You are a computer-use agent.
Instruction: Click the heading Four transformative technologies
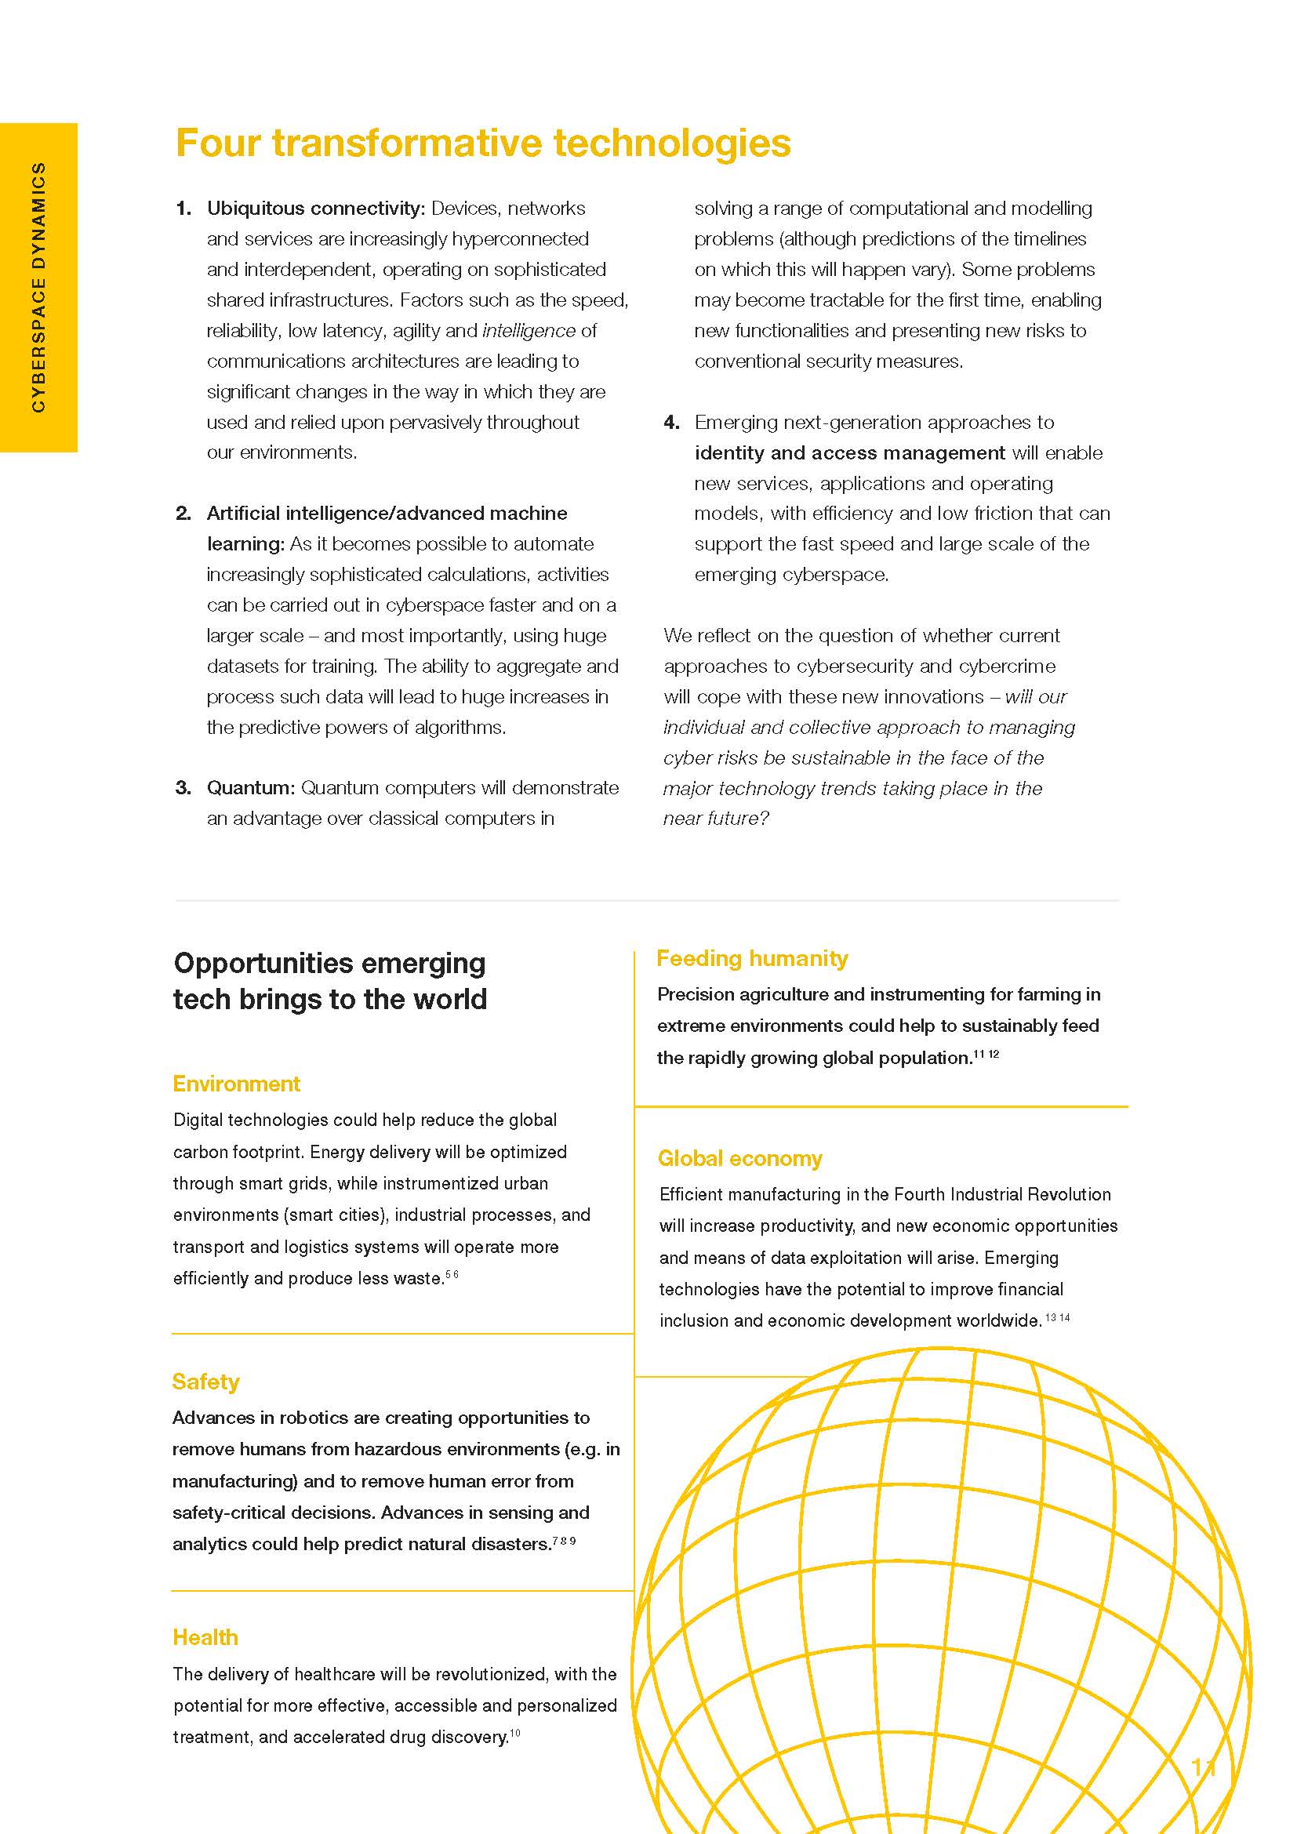tap(482, 143)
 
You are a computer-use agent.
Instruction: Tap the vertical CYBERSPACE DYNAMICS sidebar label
tap(38, 288)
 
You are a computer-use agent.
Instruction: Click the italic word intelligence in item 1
tap(529, 331)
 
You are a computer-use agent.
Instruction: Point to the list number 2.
tap(183, 514)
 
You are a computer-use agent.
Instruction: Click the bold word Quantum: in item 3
tap(251, 788)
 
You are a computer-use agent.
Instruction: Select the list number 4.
tap(671, 423)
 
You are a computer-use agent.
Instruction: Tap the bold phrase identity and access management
tap(849, 453)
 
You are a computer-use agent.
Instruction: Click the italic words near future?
tap(716, 819)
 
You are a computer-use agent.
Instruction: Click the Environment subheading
tap(236, 1084)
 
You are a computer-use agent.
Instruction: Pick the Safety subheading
tap(205, 1382)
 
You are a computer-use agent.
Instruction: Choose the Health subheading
tap(205, 1638)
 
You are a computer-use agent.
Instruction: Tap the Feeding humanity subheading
tap(751, 958)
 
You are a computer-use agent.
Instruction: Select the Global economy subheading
tap(739, 1159)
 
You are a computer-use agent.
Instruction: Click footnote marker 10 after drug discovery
tap(515, 1734)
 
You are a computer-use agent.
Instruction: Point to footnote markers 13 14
tap(1057, 1318)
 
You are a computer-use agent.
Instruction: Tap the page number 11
tap(1203, 1767)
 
